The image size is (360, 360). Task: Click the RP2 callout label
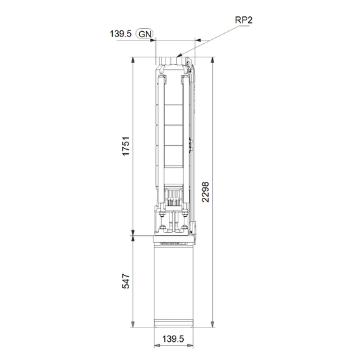coord(244,20)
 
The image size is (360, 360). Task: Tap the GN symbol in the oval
coord(145,34)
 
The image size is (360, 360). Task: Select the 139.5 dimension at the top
coord(120,34)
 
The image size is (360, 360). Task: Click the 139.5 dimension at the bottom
coord(173,339)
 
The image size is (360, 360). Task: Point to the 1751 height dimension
coord(126,147)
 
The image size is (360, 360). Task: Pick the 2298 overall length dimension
coord(205,192)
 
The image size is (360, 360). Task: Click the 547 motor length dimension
coord(126,281)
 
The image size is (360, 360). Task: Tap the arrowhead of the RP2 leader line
coord(180,55)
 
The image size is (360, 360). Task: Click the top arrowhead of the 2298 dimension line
coord(213,60)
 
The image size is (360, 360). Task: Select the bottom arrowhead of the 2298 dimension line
coord(213,324)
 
